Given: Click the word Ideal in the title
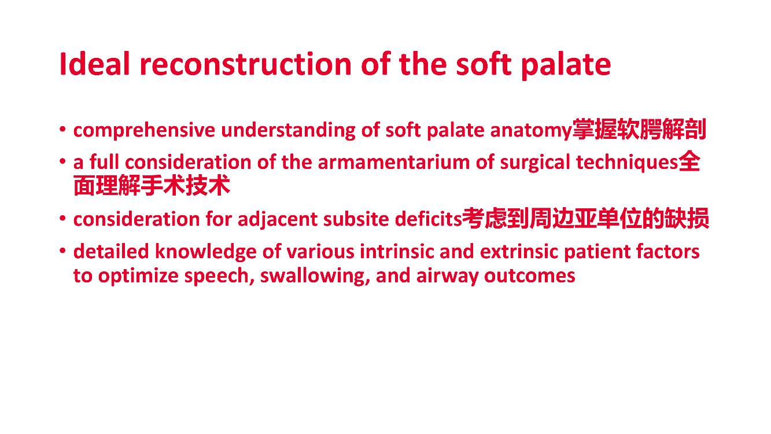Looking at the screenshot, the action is [94, 64].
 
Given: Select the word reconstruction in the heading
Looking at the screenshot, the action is [245, 64].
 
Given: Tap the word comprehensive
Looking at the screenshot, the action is [144, 131].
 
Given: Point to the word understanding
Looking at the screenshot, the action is [288, 131].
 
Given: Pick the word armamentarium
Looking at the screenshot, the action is [394, 162].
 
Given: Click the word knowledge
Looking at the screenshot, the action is [205, 252].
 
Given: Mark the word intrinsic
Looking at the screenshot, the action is [397, 252].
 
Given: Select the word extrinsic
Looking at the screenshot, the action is [519, 252].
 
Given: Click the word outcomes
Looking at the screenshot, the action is [530, 276].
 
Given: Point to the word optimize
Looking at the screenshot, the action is [138, 276].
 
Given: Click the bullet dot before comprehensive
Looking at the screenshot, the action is [62, 130].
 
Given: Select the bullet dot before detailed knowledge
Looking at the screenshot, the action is [62, 251].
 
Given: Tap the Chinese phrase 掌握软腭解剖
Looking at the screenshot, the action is [639, 129].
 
